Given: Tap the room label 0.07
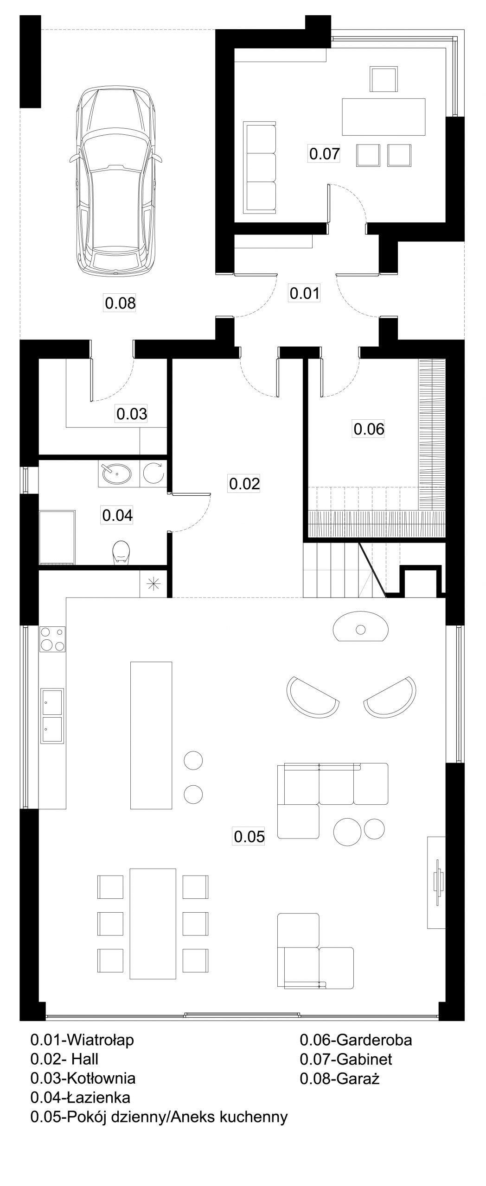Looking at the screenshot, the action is (x=325, y=153).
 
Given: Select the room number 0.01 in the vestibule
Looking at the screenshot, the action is (x=305, y=293).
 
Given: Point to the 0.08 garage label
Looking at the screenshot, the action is (x=120, y=303).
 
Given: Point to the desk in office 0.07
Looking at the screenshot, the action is (x=384, y=117).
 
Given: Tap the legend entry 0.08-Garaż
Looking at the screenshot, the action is (x=339, y=1079).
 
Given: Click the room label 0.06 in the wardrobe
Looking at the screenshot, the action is (x=369, y=429).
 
